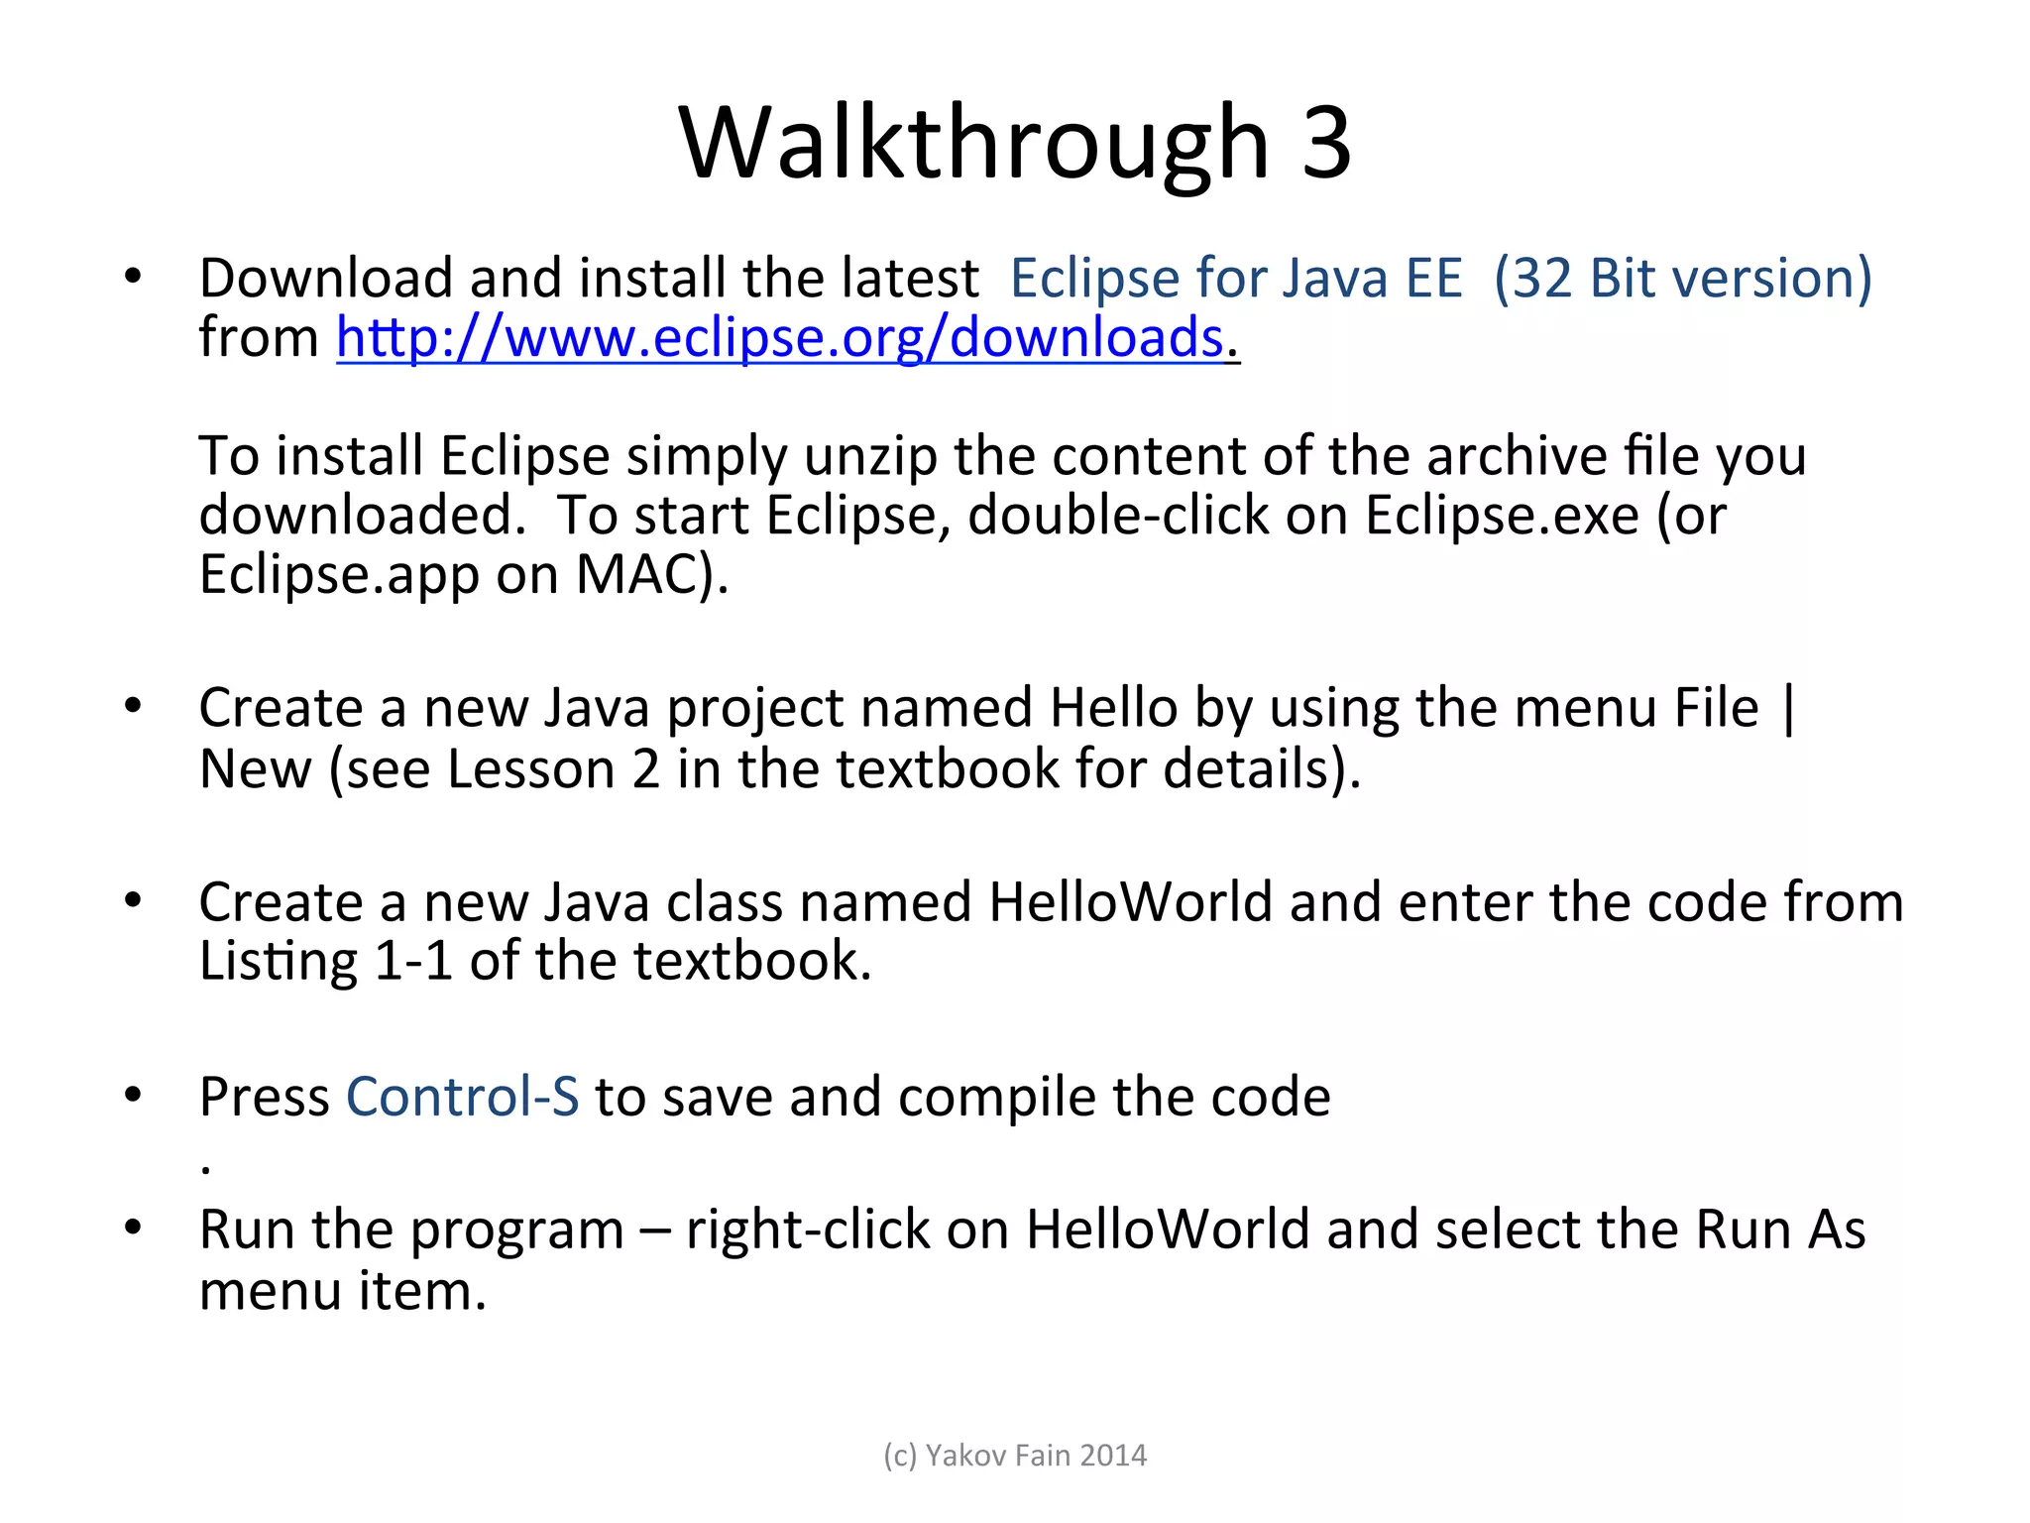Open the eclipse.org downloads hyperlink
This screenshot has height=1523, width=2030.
[x=780, y=337]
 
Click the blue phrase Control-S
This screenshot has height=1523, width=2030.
[x=462, y=1097]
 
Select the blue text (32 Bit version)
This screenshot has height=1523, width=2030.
[x=1682, y=278]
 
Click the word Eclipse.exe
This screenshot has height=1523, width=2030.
[x=1502, y=516]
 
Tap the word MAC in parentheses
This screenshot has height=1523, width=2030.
[x=634, y=575]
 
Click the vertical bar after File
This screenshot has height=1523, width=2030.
[x=1788, y=709]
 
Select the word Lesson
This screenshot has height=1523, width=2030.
[x=530, y=769]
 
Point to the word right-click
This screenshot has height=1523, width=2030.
[x=808, y=1230]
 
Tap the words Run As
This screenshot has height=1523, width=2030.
[x=1780, y=1230]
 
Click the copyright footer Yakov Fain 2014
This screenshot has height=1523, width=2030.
[x=1015, y=1456]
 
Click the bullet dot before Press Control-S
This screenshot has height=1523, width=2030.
[x=133, y=1095]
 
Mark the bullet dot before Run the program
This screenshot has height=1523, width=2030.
[x=133, y=1228]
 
